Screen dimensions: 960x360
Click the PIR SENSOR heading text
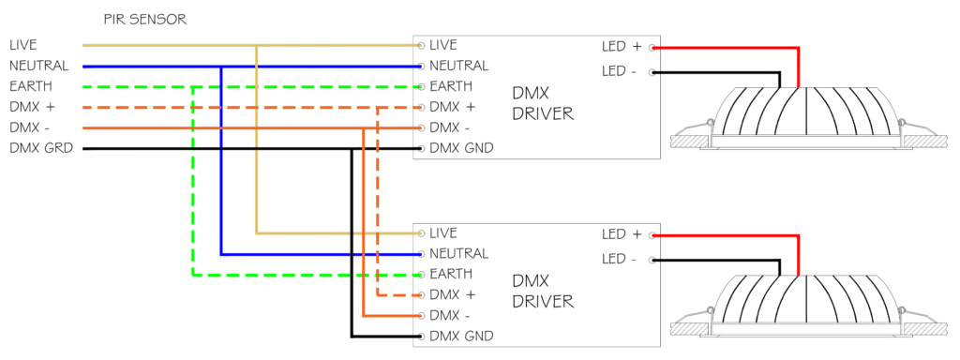(145, 21)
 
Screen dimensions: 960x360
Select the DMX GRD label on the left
(41, 148)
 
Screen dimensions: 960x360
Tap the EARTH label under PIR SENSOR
(31, 85)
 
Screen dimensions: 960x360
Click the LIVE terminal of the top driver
(421, 45)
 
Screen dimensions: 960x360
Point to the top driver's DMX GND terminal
(421, 149)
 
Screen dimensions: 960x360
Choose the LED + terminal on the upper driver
(652, 47)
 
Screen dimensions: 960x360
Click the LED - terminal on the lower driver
(652, 260)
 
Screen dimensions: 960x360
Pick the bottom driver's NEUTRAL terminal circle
(421, 254)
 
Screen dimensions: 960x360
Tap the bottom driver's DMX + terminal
(421, 295)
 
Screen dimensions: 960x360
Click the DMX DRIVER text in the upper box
(543, 103)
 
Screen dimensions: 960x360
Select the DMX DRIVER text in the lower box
(543, 292)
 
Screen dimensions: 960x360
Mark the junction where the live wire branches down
(257, 45)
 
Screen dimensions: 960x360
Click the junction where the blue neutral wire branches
(221, 67)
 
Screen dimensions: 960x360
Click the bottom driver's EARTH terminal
(421, 275)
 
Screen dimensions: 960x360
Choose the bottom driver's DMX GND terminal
(421, 337)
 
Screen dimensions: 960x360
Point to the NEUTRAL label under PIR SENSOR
(38, 66)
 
